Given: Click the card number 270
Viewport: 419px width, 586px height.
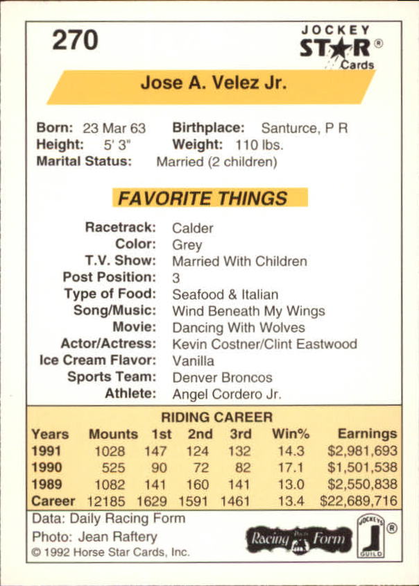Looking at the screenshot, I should point(75,40).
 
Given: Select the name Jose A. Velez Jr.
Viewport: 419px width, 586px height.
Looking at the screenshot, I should point(213,83).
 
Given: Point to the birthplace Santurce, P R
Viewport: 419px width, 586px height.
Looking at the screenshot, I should point(304,128).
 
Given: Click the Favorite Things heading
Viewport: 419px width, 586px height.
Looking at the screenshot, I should point(202,198).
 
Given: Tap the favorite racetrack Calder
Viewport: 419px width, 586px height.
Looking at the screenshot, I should point(192,228).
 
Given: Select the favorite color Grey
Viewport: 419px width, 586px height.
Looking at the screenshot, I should point(187,244).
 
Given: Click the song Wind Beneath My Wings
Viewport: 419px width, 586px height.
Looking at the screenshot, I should point(248,311).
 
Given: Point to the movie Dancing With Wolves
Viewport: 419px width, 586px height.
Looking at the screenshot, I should point(238,328).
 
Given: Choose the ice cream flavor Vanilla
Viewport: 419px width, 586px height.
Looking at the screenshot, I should point(193,361).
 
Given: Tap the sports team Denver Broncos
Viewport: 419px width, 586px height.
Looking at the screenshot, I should point(222,378).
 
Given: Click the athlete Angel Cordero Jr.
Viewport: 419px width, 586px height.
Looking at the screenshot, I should point(226,394).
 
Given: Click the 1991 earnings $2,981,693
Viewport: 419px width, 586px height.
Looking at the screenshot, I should point(362,451).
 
